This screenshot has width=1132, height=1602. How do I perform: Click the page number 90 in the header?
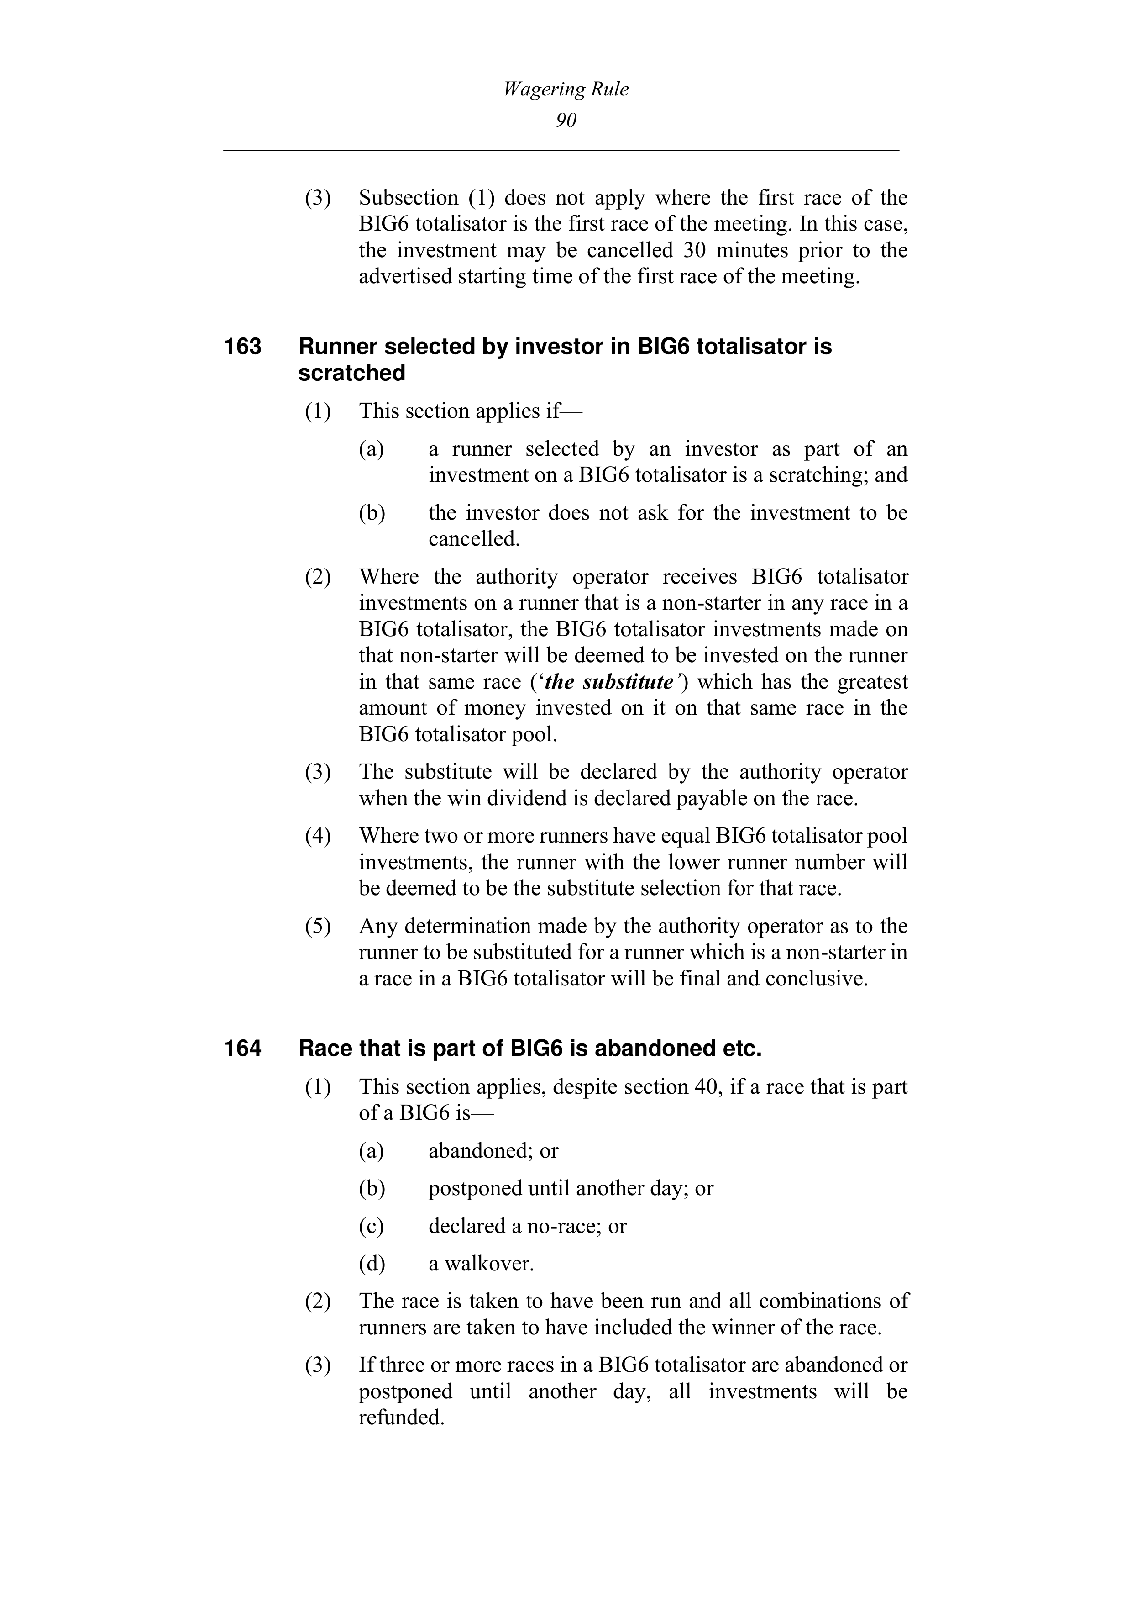pos(566,121)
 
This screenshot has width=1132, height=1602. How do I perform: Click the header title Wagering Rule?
pos(566,90)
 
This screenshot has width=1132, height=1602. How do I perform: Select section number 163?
pos(243,347)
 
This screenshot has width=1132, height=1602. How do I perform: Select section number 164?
pos(243,1049)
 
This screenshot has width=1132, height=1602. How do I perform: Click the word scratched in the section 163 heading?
pos(351,373)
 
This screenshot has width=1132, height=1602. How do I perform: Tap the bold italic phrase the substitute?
pos(608,682)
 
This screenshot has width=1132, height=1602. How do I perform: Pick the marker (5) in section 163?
pos(317,927)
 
